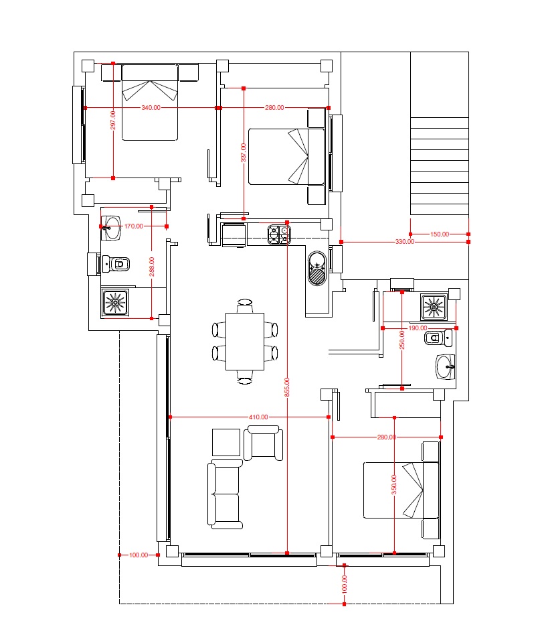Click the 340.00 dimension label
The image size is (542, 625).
(151, 108)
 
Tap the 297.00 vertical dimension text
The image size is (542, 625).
(113, 120)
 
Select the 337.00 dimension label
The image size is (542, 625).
(244, 153)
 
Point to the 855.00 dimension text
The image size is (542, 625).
(287, 387)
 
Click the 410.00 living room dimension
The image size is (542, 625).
(258, 417)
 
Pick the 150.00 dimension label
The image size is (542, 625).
(440, 234)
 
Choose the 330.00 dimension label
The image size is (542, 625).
(405, 242)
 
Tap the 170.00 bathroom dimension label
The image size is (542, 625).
(134, 226)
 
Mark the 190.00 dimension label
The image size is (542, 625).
(418, 328)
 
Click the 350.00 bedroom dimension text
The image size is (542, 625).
(394, 485)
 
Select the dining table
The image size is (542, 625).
(245, 342)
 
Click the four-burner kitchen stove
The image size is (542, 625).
(279, 234)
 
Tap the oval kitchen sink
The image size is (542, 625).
(317, 268)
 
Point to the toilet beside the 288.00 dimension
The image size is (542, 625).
(116, 264)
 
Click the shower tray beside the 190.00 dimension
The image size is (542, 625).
(434, 307)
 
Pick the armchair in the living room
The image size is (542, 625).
(263, 443)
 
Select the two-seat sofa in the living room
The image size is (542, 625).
(225, 494)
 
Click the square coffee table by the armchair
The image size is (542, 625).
(226, 442)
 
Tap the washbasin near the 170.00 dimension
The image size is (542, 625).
(111, 228)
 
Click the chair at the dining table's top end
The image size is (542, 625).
(245, 305)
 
